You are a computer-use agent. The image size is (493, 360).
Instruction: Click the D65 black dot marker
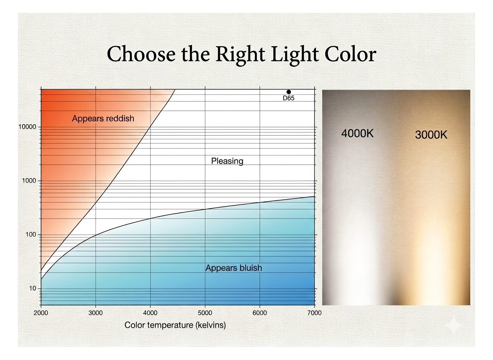289,92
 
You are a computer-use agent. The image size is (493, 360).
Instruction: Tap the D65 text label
289,98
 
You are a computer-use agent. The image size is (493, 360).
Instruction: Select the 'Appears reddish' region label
103,119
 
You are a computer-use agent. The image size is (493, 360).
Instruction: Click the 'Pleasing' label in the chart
227,161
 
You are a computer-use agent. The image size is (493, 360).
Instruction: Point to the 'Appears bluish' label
234,268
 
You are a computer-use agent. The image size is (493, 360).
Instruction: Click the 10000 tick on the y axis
27,127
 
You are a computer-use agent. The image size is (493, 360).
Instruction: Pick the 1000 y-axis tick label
29,181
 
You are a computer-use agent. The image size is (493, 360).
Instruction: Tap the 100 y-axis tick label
31,234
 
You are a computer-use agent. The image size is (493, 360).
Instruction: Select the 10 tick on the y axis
33,288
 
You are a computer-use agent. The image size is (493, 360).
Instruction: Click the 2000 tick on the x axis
41,313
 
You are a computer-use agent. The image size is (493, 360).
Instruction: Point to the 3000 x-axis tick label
96,313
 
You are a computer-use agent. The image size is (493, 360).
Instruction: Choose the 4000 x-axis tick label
150,313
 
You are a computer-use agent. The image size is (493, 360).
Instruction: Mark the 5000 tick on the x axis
205,313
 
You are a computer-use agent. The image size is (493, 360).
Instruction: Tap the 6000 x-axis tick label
260,313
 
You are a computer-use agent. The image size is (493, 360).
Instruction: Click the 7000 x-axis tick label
314,313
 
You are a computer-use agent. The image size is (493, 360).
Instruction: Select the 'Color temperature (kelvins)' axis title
175,325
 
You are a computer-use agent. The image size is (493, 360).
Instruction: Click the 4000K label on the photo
357,134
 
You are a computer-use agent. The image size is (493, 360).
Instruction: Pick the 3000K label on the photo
431,135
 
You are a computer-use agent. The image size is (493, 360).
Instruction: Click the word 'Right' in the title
240,54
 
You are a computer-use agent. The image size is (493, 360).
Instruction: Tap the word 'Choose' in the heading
141,54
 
